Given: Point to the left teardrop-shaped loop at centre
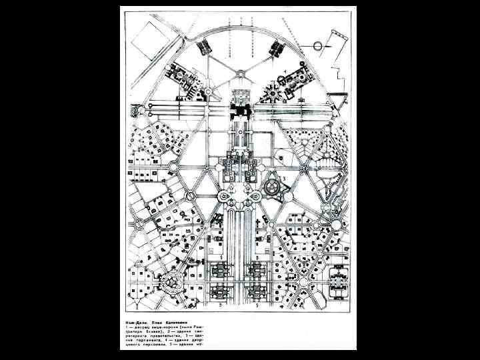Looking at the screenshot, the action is [x=224, y=198].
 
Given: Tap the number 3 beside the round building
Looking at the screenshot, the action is [x=285, y=178].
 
